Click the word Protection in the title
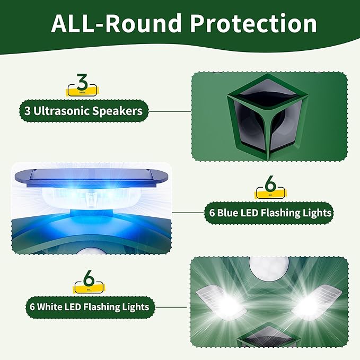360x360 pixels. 252,24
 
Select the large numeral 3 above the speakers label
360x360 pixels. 82,83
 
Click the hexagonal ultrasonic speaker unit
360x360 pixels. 269,117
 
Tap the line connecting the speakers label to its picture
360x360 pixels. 170,111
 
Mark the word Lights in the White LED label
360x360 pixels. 136,306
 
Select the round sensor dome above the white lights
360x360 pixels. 269,268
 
